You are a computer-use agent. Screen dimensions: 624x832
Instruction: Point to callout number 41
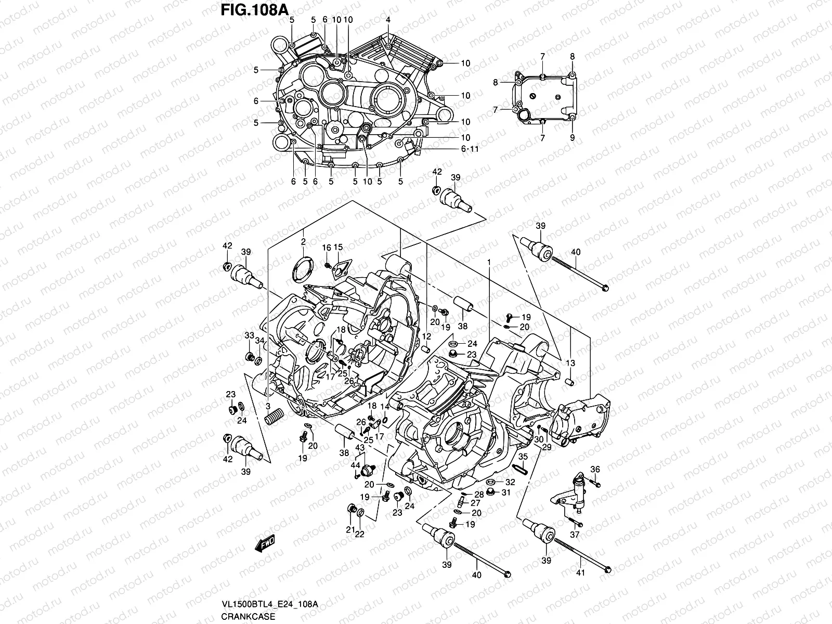pyautogui.click(x=581, y=573)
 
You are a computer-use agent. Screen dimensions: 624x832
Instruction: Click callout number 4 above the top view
pyautogui.click(x=388, y=20)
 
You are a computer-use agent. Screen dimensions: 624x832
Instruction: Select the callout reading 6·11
pyautogui.click(x=470, y=149)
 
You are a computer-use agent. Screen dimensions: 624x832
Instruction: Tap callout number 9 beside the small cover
pyautogui.click(x=572, y=138)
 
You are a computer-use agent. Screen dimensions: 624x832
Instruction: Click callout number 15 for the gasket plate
pyautogui.click(x=338, y=247)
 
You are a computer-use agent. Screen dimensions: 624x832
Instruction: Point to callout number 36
pyautogui.click(x=595, y=469)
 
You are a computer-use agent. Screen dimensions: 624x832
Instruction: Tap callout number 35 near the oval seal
pyautogui.click(x=523, y=457)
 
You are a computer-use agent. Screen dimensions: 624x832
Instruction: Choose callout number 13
pyautogui.click(x=570, y=363)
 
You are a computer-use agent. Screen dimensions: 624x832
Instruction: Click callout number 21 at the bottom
pyautogui.click(x=350, y=530)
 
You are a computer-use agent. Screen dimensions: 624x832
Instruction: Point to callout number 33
pyautogui.click(x=249, y=335)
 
